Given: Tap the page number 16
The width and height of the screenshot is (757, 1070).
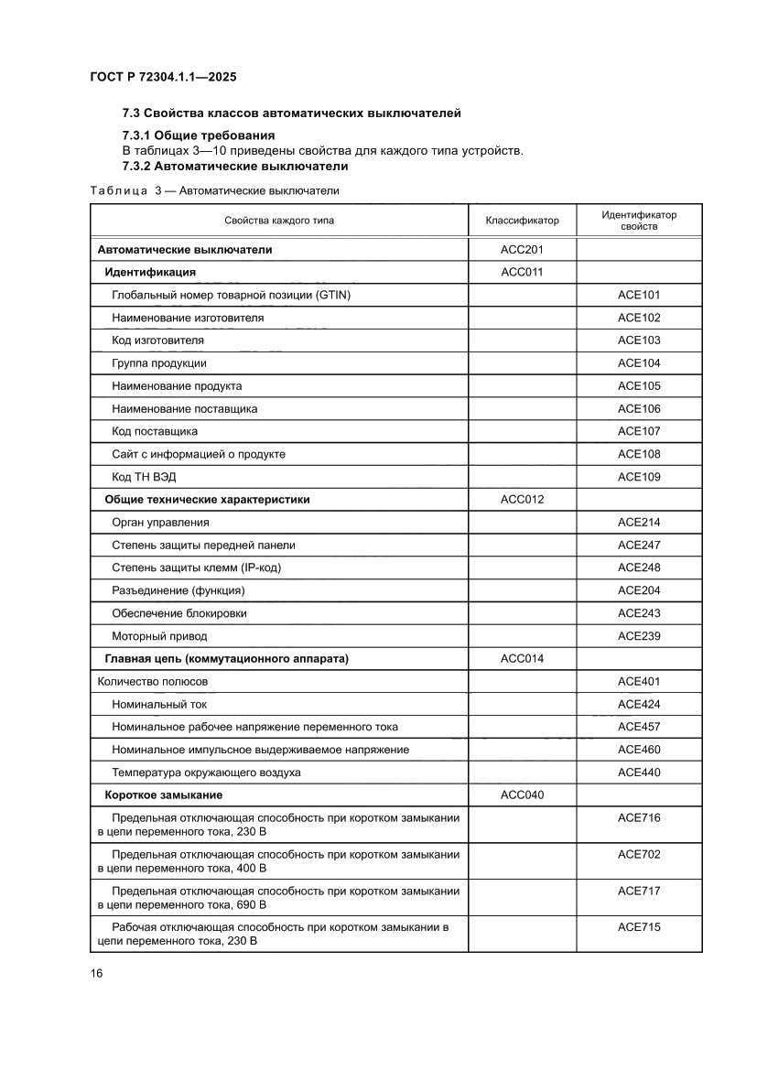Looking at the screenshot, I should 96,974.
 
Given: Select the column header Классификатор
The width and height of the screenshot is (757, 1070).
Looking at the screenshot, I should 522,221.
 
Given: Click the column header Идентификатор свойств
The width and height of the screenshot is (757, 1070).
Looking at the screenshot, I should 639,221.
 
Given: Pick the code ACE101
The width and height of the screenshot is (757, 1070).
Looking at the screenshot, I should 639,295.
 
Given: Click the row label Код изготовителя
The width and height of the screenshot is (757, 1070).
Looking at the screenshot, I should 157,340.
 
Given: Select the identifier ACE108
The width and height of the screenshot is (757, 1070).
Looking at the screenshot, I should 639,454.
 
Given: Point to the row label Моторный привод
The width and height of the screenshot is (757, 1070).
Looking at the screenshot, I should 159,636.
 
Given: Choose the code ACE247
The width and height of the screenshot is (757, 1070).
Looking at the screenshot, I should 639,546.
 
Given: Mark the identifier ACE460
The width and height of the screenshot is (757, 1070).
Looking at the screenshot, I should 639,750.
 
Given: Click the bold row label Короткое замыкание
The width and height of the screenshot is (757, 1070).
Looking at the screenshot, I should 164,795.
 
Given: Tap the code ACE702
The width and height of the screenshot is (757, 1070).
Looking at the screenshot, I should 639,855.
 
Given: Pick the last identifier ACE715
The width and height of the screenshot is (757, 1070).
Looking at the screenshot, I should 639,927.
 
